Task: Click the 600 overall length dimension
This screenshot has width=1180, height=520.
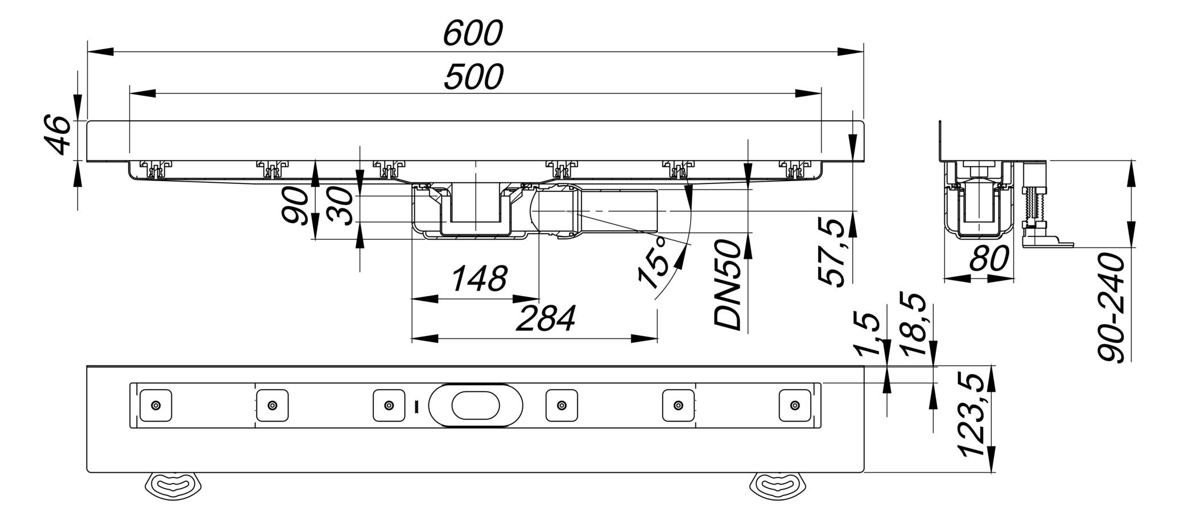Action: [x=473, y=34]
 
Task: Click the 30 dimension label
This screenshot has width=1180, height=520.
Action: [x=341, y=206]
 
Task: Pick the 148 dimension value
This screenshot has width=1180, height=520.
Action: [x=478, y=279]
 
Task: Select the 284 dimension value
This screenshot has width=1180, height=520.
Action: [x=545, y=318]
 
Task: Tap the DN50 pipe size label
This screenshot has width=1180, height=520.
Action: [x=729, y=285]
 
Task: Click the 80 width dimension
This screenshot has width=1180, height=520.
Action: [x=989, y=257]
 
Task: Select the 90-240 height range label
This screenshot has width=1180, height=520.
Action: [x=1111, y=308]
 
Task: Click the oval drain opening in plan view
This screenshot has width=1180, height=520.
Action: [x=476, y=406]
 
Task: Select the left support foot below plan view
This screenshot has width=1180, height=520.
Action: [x=174, y=485]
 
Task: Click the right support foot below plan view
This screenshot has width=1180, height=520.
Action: [x=777, y=485]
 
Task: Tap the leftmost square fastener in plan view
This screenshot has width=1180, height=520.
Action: [x=156, y=406]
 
